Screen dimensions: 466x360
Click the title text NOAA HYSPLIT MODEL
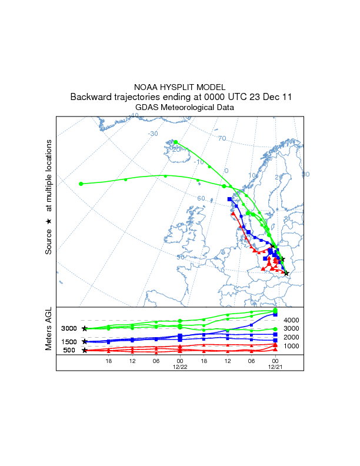click(x=180, y=87)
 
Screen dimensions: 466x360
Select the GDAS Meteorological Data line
click(x=180, y=108)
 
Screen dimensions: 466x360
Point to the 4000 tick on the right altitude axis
click(x=292, y=320)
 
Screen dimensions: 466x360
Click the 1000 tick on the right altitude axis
click(x=292, y=346)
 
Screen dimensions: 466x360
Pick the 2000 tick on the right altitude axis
click(x=292, y=337)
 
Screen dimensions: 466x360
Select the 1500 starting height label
click(x=69, y=342)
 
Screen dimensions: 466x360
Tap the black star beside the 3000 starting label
click(x=85, y=328)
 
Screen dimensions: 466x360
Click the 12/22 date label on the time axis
click(x=179, y=366)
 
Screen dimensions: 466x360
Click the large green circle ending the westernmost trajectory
click(x=81, y=184)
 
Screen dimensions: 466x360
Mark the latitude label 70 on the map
click(x=222, y=139)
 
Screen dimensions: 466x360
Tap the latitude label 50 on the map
click(x=181, y=257)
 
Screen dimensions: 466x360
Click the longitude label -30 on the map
click(x=153, y=134)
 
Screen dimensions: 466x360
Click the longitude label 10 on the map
click(x=252, y=175)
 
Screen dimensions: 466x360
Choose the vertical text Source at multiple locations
click(x=49, y=197)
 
